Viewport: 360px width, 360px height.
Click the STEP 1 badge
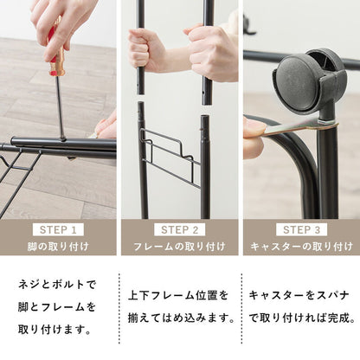click(59, 230)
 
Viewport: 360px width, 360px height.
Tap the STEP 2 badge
click(180, 230)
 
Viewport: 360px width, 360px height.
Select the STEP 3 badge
click(299, 230)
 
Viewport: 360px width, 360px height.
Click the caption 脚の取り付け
click(59, 247)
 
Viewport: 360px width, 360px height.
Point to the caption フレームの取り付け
click(180, 247)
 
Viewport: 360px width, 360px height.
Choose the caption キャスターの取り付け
click(299, 247)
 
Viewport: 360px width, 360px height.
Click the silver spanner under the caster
click(290, 129)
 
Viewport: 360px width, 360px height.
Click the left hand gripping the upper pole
click(147, 50)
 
